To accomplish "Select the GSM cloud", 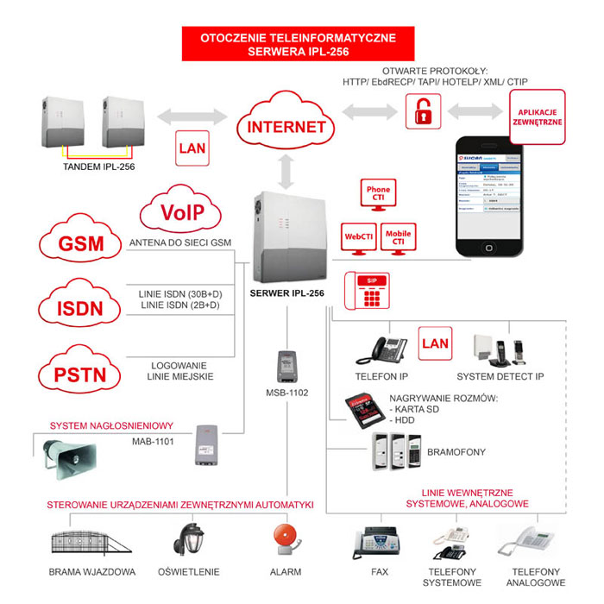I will point(82,245).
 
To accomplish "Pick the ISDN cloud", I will point(82,308).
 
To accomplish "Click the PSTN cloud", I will point(82,372).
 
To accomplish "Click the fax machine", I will point(373,544).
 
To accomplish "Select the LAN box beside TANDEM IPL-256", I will point(192,148).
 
